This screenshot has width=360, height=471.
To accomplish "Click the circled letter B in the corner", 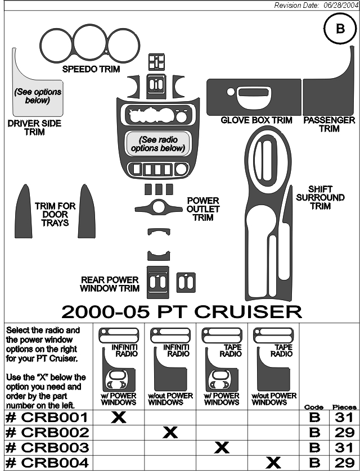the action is (x=340, y=29).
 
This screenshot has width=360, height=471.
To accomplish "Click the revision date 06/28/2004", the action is (x=341, y=6).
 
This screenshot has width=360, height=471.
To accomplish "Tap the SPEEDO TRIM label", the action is (x=91, y=69).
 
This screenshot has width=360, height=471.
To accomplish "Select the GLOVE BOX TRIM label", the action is (x=256, y=120).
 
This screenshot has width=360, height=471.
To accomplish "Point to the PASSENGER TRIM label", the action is (x=329, y=124).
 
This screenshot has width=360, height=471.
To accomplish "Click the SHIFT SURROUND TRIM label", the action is (x=320, y=198).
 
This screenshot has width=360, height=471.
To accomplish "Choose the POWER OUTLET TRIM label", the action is (x=203, y=209).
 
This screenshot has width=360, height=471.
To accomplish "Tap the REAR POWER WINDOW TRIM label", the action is (x=110, y=284).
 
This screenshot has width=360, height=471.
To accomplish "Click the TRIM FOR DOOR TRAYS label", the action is (x=55, y=215).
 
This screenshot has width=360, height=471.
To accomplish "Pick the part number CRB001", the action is (x=47, y=417).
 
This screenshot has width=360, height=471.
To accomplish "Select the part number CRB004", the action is (x=47, y=463).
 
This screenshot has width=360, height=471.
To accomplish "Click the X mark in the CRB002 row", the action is (x=170, y=433).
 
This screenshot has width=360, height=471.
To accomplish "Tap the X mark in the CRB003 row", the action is (x=222, y=447).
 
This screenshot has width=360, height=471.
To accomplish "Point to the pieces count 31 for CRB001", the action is (x=344, y=417).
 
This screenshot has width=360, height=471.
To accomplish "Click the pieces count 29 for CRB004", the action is (x=344, y=463).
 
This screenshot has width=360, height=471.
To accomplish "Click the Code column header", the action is (x=314, y=407).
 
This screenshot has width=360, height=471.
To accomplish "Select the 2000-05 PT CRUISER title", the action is (x=182, y=311).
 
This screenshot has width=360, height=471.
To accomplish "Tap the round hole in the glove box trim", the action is (x=231, y=92).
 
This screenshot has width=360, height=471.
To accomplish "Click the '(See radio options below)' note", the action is (x=157, y=144).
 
